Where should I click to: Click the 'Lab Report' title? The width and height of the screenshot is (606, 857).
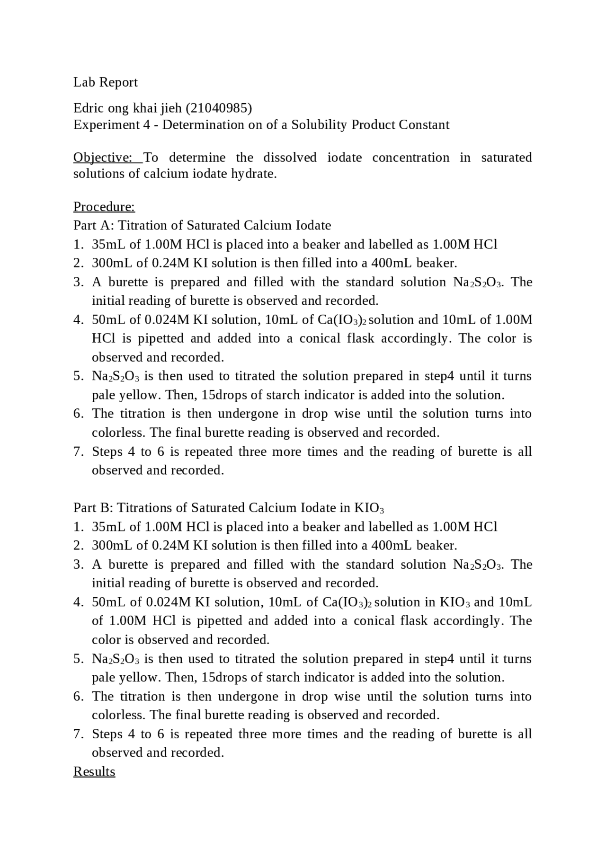105,82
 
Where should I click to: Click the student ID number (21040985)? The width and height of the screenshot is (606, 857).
219,108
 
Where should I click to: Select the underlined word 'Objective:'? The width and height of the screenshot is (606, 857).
102,158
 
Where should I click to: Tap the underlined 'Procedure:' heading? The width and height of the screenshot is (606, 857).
104,207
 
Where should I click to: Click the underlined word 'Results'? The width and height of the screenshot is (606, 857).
94,771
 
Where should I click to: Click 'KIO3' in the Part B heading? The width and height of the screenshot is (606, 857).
369,508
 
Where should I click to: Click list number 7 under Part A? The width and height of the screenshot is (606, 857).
78,451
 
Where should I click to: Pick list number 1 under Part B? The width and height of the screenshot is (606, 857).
78,527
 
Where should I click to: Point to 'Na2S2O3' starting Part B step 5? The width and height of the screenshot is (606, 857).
116,659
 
